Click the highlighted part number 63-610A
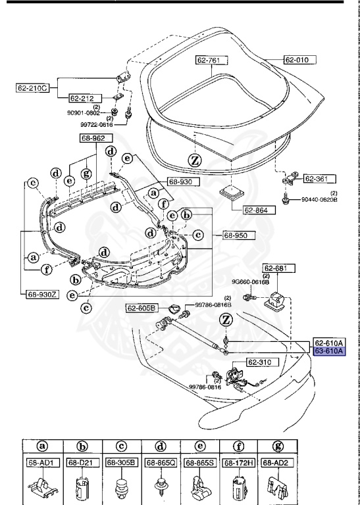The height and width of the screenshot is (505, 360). [329, 352]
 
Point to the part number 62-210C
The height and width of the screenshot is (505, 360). [35, 87]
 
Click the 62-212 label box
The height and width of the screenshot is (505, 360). [82, 98]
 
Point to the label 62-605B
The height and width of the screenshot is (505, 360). [142, 308]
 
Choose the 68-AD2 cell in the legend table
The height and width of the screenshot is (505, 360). [276, 463]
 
